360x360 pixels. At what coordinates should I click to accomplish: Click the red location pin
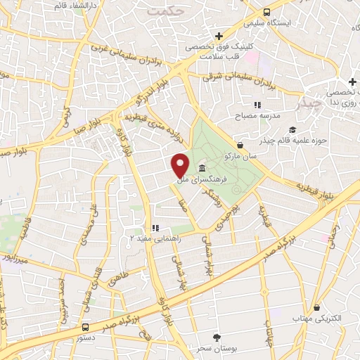point(181,165)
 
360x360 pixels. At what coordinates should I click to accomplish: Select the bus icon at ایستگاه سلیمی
point(266,12)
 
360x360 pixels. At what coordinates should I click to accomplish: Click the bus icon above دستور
point(85,327)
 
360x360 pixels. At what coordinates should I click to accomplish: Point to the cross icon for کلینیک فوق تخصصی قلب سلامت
point(219,36)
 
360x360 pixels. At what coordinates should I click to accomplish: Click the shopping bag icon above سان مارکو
point(240,145)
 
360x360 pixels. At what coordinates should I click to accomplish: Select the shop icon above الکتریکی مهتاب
point(318,308)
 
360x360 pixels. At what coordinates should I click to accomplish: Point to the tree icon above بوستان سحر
point(217,338)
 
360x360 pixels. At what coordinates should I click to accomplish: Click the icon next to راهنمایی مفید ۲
point(156,228)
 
